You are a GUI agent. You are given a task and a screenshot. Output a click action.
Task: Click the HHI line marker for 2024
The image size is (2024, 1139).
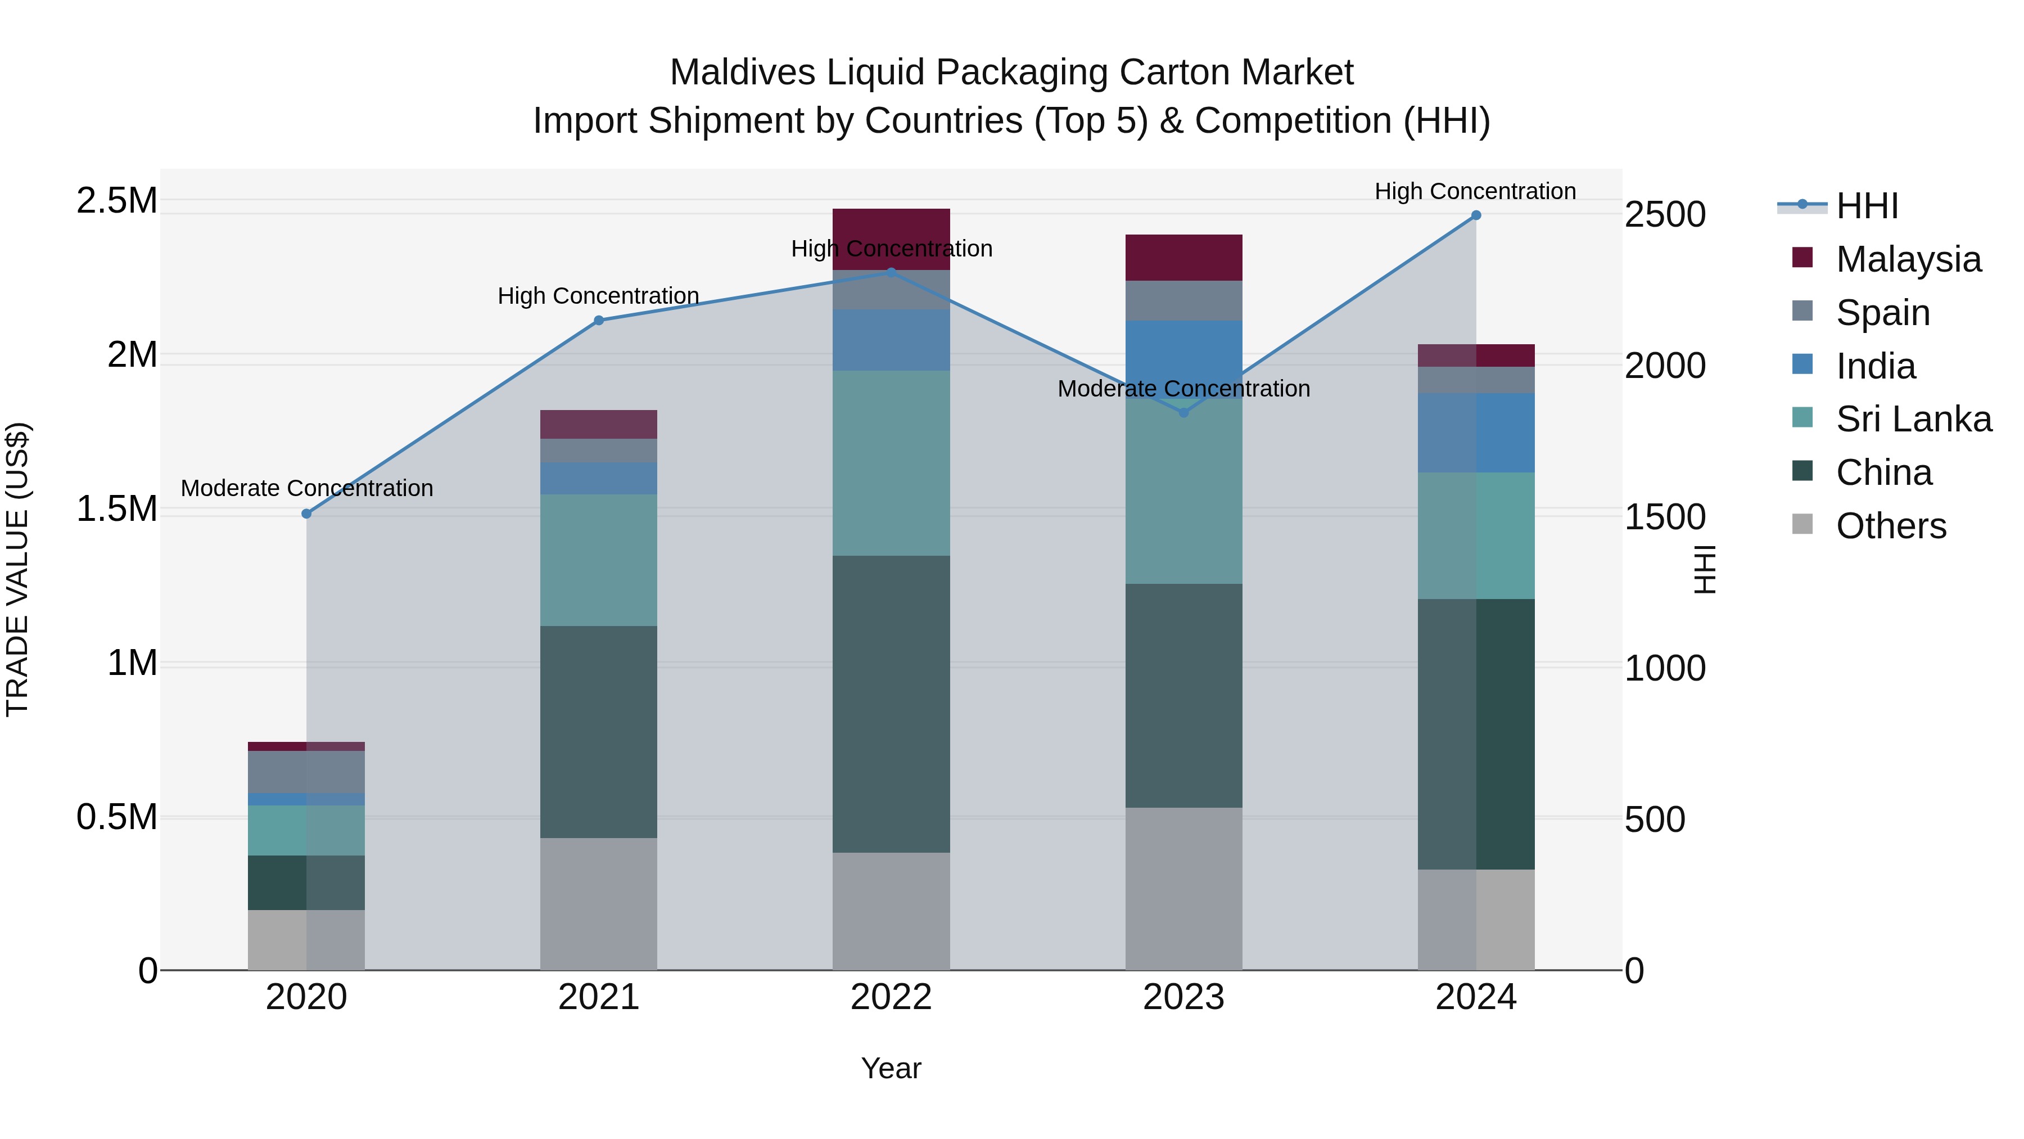(x=1476, y=215)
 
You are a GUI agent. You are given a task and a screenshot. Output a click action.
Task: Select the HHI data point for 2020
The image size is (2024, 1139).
(x=306, y=514)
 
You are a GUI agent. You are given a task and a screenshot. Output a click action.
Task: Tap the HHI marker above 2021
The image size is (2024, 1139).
(x=599, y=320)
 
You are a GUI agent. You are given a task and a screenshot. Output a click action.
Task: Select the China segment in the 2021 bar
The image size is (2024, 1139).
(x=599, y=731)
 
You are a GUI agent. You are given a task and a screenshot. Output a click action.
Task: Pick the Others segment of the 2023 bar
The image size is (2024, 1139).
(x=1184, y=888)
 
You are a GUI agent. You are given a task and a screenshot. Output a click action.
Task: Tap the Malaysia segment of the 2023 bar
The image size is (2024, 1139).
(x=1184, y=257)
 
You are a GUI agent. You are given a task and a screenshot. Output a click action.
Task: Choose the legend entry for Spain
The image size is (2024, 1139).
(x=1882, y=313)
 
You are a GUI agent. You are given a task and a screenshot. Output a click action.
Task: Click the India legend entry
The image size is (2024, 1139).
(x=1876, y=366)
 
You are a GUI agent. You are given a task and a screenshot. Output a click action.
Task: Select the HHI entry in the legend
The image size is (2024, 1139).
(x=1867, y=206)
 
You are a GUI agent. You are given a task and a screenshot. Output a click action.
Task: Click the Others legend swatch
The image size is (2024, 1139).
(x=1802, y=524)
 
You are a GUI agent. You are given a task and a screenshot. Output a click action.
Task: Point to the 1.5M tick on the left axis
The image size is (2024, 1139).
(x=117, y=508)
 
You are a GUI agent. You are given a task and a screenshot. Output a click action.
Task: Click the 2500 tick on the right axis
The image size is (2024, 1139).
(x=1665, y=215)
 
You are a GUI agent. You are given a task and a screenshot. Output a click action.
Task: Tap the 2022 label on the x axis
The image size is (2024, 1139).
(x=891, y=997)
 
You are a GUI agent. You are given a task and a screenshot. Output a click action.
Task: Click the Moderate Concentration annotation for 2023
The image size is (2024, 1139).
(x=1183, y=388)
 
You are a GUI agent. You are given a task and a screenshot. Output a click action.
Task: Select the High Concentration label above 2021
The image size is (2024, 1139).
(x=598, y=295)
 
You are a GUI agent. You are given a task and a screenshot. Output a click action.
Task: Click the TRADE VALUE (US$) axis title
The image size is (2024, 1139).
(x=17, y=569)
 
